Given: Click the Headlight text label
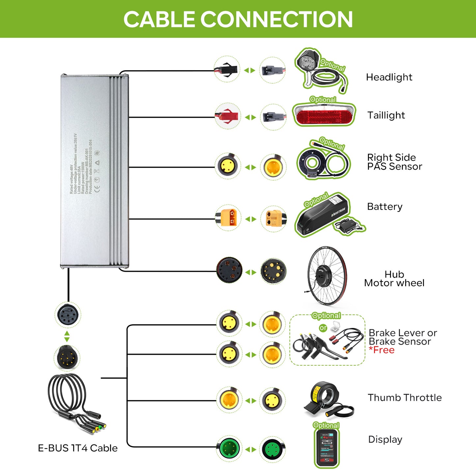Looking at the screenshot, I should tap(389, 77).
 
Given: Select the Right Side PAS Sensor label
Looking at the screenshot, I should tap(394, 162).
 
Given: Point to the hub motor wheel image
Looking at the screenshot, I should tap(326, 275).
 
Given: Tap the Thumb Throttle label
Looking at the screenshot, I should tap(405, 398).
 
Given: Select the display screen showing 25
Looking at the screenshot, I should tap(327, 448).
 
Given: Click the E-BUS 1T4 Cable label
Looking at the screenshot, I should tap(78, 448).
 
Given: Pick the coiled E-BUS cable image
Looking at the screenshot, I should tap(74, 402).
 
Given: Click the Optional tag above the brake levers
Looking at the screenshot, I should tap(326, 316).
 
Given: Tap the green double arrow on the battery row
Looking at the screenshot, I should tap(250, 219).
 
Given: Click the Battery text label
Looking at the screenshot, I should tap(385, 207).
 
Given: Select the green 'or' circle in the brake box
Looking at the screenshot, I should tap(323, 328).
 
